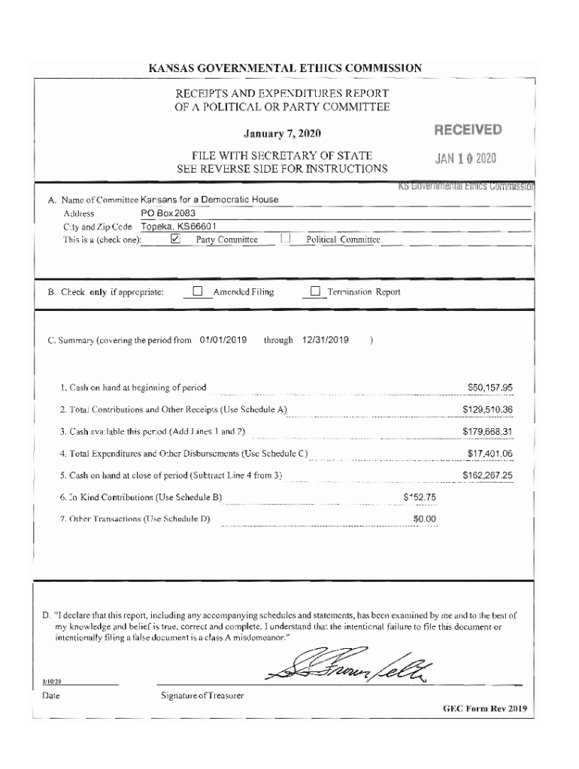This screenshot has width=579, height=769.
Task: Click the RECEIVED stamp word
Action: [x=467, y=131]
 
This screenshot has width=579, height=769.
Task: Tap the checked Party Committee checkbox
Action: [x=175, y=240]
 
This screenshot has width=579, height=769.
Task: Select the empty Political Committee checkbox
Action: [x=285, y=240]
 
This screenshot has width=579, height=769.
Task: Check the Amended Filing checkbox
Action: [x=198, y=292]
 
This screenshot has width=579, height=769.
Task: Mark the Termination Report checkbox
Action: [x=315, y=292]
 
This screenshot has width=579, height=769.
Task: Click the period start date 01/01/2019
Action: [x=223, y=339]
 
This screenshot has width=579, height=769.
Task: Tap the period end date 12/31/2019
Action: [x=326, y=339]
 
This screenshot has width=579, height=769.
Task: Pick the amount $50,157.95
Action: [x=490, y=388]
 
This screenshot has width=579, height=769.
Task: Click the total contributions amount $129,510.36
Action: [x=487, y=410]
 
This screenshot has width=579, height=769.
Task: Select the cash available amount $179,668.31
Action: [x=487, y=432]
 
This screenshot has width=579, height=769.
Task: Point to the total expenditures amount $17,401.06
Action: [x=490, y=454]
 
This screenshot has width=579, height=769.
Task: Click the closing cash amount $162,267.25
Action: [x=487, y=475]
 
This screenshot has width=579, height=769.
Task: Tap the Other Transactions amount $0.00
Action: [x=425, y=519]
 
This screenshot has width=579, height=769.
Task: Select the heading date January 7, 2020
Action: [x=283, y=134]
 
